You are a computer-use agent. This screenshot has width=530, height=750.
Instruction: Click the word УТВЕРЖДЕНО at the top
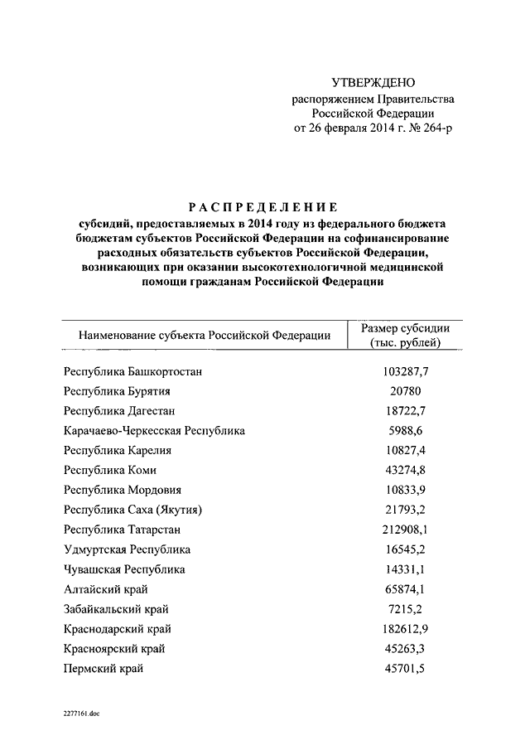pyautogui.click(x=373, y=83)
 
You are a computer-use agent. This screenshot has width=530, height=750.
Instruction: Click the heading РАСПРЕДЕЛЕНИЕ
pyautogui.click(x=261, y=207)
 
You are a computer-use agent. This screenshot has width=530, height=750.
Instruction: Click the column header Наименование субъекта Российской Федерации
pyautogui.click(x=205, y=336)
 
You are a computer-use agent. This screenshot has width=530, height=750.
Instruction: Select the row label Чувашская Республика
pyautogui.click(x=124, y=569)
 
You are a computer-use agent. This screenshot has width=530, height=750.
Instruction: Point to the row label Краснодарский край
pyautogui.click(x=118, y=629)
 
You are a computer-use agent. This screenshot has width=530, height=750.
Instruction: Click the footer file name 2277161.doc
pyautogui.click(x=80, y=713)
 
